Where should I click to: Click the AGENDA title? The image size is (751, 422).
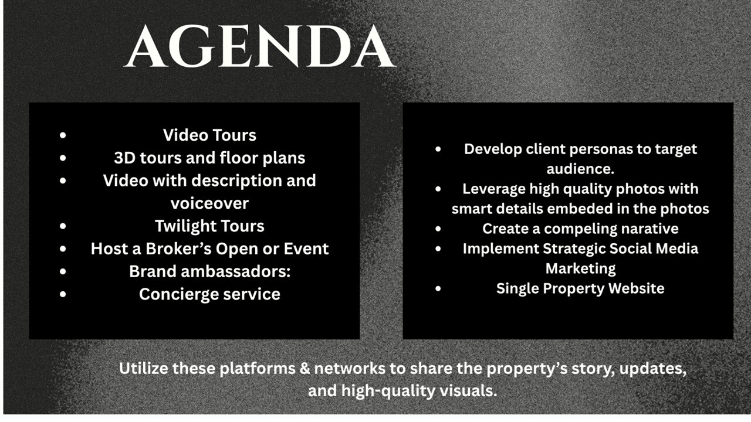[x=260, y=46]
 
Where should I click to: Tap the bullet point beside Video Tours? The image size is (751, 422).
[x=63, y=135]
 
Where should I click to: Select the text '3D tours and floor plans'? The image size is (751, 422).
[x=209, y=158]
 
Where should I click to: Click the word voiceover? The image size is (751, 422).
[x=209, y=203]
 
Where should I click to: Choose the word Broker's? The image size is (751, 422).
[x=178, y=249]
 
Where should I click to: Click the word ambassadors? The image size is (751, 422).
[x=236, y=271]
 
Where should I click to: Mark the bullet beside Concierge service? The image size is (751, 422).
[x=63, y=294]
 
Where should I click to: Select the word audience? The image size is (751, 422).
[x=580, y=168]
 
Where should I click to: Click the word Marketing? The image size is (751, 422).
[x=580, y=269]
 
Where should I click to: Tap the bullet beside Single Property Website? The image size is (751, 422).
[x=438, y=288]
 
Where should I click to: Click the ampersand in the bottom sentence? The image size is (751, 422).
[x=305, y=369]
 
